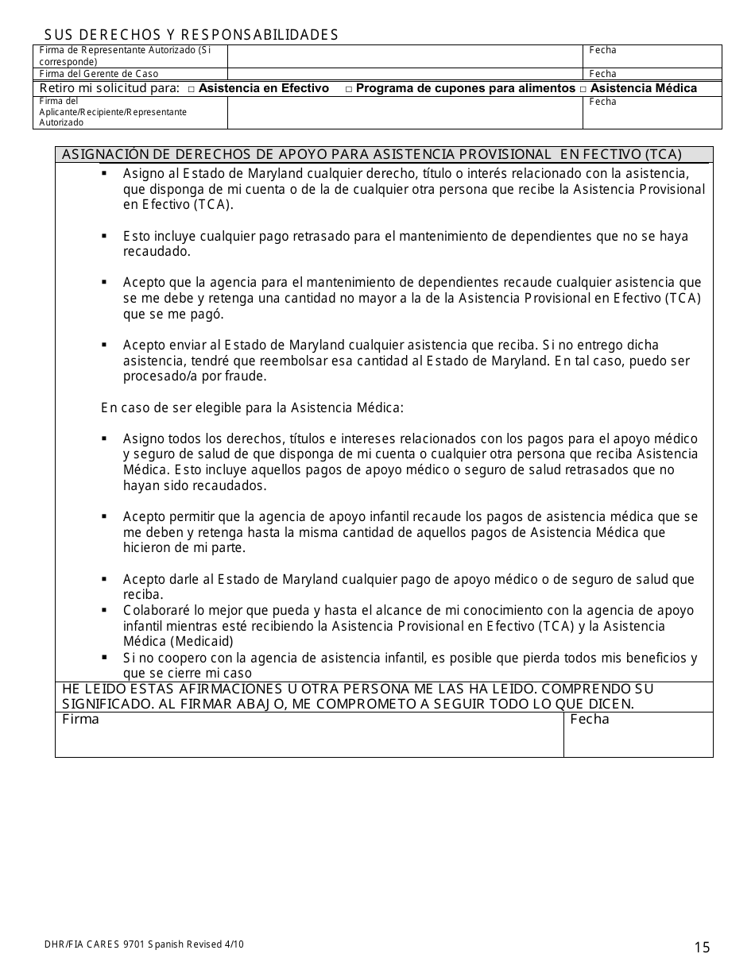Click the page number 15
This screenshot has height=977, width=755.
pyautogui.click(x=702, y=946)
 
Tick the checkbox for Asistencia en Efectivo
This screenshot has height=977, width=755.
pyautogui.click(x=192, y=90)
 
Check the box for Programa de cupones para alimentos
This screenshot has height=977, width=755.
pyautogui.click(x=349, y=90)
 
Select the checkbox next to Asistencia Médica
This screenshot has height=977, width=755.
pyautogui.click(x=583, y=90)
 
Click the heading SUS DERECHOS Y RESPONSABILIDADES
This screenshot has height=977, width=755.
pyautogui.click(x=191, y=34)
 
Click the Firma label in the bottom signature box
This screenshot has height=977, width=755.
pyautogui.click(x=80, y=720)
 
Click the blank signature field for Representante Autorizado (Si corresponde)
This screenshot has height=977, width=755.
pyautogui.click(x=405, y=56)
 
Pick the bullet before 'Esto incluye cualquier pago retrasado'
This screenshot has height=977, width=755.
pyautogui.click(x=104, y=236)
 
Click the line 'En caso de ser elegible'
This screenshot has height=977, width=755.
pyautogui.click(x=252, y=407)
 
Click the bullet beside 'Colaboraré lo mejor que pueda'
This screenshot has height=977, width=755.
pyautogui.click(x=104, y=610)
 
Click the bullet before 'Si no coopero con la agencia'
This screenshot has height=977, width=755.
pyautogui.click(x=104, y=657)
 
